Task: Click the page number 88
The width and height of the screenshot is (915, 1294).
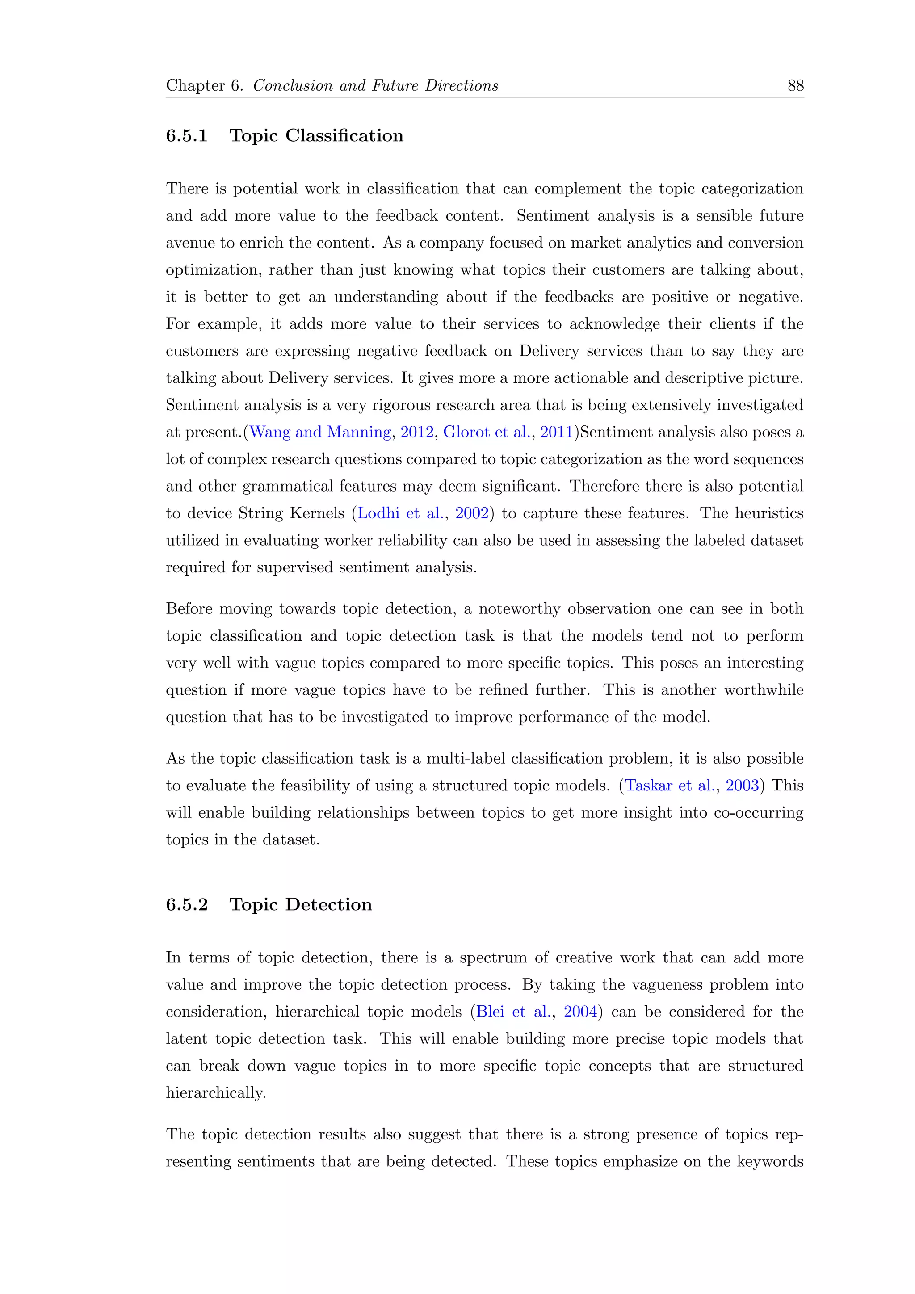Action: point(795,86)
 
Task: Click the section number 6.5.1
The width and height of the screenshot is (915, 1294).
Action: point(186,136)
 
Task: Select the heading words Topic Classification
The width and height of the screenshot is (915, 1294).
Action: point(316,136)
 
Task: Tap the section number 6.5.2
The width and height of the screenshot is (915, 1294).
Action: point(186,904)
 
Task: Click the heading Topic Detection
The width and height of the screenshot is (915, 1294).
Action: point(300,904)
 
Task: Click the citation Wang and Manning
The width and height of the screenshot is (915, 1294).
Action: point(320,432)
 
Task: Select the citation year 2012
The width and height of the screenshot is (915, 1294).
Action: point(417,432)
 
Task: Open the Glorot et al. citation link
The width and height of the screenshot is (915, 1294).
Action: point(486,432)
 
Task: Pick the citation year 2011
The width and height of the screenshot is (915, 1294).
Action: point(557,432)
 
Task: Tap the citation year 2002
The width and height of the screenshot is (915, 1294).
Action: point(472,513)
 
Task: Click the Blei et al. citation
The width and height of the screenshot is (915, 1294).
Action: point(513,1012)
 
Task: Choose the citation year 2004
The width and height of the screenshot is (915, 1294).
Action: point(580,1012)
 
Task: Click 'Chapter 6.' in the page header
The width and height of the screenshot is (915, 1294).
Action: point(204,86)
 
